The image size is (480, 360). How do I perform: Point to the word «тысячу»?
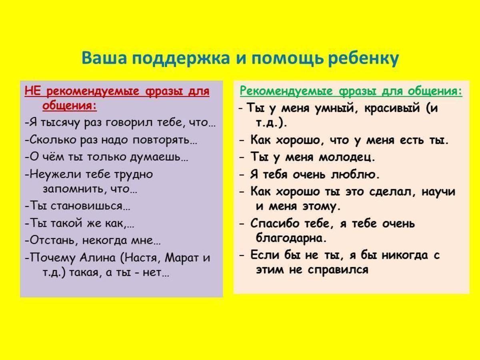tap(60, 123)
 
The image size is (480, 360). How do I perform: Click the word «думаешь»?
tap(155, 157)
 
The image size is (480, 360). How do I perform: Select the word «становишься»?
tap(86, 206)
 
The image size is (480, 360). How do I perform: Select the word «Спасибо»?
tap(275, 224)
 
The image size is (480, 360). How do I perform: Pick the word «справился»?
tap(338, 270)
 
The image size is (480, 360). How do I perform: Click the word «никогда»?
tap(404, 255)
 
